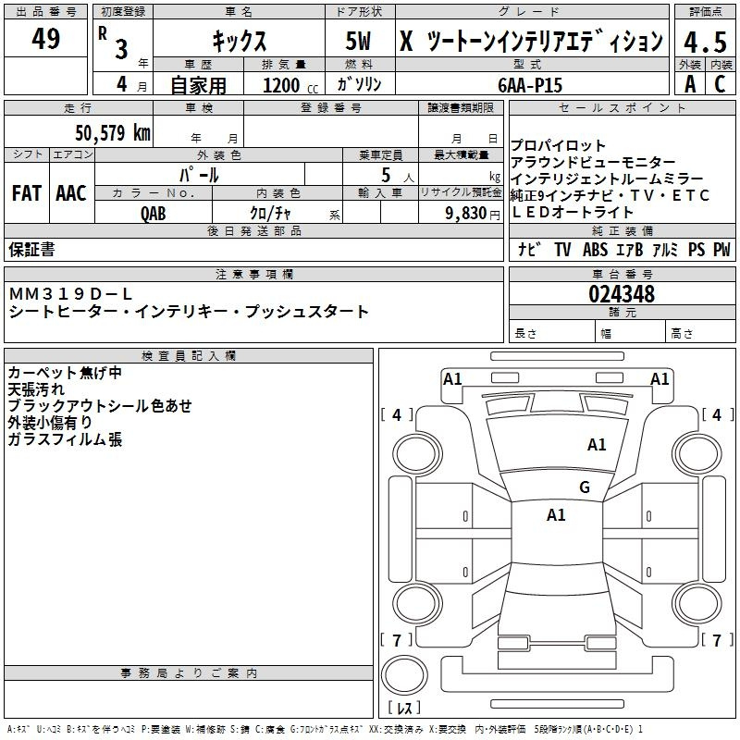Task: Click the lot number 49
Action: [x=45, y=39]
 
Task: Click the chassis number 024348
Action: [x=622, y=294]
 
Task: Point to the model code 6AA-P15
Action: [x=529, y=84]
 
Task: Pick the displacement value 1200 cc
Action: [x=286, y=85]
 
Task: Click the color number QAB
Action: [x=154, y=212]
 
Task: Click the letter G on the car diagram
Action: [x=584, y=487]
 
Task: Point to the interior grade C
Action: [x=720, y=84]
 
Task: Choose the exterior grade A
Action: [x=689, y=84]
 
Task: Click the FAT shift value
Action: [x=26, y=193]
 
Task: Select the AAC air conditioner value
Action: [x=70, y=193]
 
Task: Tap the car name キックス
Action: [x=239, y=42]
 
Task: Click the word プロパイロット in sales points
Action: [x=559, y=146]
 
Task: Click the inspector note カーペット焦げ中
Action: [x=65, y=373]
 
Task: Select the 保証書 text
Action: [x=31, y=250]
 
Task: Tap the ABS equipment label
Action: [x=595, y=250]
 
